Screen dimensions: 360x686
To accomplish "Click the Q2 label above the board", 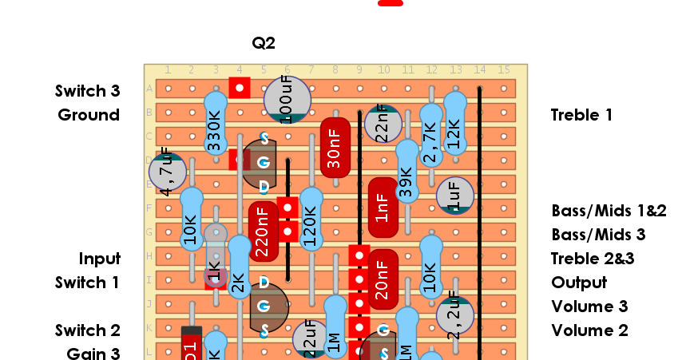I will [x=264, y=43].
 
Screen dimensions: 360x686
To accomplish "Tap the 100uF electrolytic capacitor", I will [x=287, y=100].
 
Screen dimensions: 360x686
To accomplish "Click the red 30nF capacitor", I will [x=335, y=148].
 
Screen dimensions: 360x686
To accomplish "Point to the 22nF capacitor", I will [x=383, y=124].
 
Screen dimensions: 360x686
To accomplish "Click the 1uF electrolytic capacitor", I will [x=455, y=196].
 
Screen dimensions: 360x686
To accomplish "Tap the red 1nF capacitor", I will [x=383, y=208].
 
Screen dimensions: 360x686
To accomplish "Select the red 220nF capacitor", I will [x=263, y=231].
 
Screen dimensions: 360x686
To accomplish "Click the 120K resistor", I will [x=311, y=220].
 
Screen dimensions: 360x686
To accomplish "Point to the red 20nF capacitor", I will [x=383, y=279].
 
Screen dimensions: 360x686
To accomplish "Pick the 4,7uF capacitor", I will [x=168, y=172].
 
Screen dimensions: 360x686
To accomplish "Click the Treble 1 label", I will [x=581, y=115].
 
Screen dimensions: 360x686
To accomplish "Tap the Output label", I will [x=579, y=283].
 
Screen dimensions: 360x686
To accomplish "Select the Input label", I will [x=99, y=259].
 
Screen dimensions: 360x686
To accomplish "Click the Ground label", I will [x=89, y=115].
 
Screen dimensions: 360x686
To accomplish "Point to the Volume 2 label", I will [x=589, y=330].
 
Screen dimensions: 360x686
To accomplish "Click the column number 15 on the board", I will [x=503, y=70].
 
